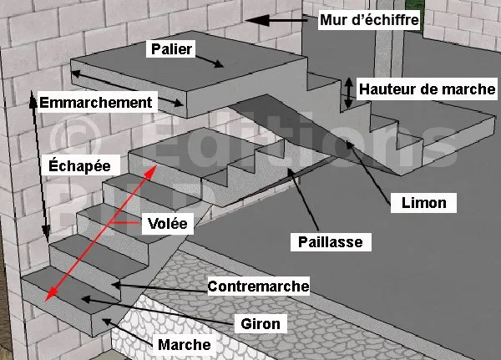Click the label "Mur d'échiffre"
pyautogui.click(x=369, y=18)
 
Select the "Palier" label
pyautogui.click(x=173, y=49)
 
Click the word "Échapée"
pyautogui.click(x=76, y=166)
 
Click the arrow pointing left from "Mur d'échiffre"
pyautogui.click(x=281, y=18)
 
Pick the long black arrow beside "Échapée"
pyautogui.click(x=38, y=159)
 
